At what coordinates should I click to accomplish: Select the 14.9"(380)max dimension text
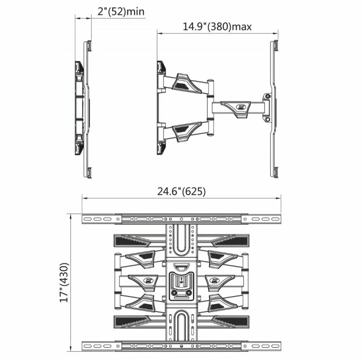click(217, 27)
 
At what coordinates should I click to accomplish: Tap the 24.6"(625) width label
click(181, 192)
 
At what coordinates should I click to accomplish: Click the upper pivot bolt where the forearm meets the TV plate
click(267, 96)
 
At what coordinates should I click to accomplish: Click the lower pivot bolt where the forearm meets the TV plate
click(267, 119)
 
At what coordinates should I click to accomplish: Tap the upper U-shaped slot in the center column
click(181, 238)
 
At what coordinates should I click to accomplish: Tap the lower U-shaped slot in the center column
click(181, 326)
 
